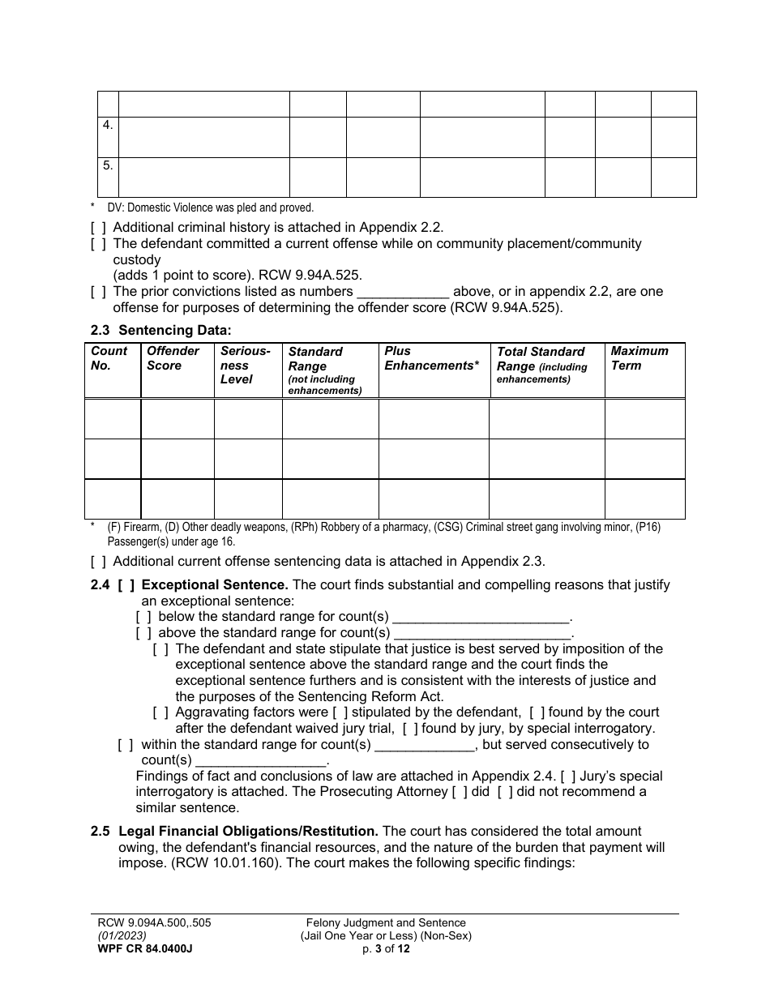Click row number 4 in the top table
(108, 126)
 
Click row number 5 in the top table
(108, 165)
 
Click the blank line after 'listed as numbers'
(403, 292)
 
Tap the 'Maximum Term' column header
(640, 358)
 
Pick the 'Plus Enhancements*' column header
(431, 358)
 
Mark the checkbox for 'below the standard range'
(143, 617)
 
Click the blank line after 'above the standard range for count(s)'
(482, 633)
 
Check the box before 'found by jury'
(410, 729)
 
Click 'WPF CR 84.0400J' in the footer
(142, 948)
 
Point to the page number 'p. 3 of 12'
(386, 948)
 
